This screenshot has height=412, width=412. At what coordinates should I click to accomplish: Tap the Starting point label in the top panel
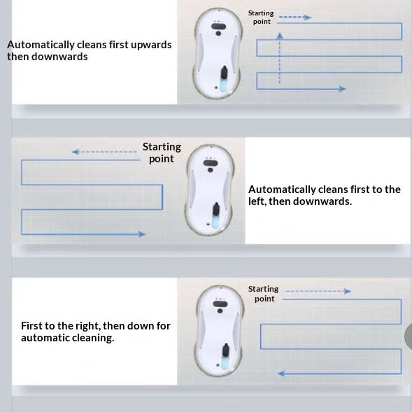click(261, 17)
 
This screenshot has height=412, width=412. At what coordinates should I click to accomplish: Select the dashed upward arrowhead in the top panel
click(280, 36)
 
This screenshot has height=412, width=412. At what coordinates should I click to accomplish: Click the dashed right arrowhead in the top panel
click(307, 17)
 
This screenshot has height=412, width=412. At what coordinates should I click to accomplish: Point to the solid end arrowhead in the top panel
click(342, 89)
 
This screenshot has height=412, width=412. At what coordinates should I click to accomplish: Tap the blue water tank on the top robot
click(223, 85)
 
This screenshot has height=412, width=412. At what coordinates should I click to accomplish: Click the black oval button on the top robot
click(219, 27)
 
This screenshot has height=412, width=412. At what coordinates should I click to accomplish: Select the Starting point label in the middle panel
click(162, 152)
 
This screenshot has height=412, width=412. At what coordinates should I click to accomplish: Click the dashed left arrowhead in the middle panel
click(76, 152)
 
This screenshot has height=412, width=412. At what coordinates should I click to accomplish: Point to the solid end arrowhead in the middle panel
click(141, 234)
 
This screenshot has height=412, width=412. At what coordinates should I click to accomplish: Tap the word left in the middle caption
click(257, 201)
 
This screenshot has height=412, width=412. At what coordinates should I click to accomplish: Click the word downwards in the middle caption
click(322, 201)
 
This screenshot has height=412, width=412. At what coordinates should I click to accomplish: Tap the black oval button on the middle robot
click(211, 163)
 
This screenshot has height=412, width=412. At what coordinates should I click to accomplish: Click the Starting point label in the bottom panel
click(264, 294)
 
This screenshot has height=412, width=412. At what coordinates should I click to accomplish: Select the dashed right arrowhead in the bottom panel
click(348, 291)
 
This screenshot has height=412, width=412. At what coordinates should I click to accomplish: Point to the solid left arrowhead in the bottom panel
click(281, 373)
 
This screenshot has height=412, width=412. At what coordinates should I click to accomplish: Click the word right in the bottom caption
click(87, 327)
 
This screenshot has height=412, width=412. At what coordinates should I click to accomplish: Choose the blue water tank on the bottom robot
click(225, 362)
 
